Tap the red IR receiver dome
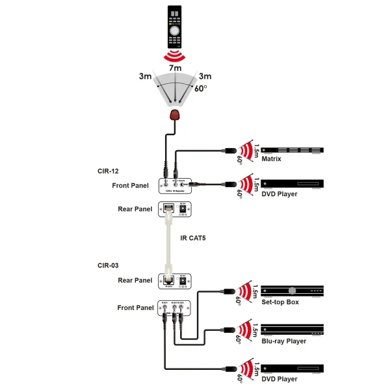174,116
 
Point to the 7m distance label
174,67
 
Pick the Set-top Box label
280,302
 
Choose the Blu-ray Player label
283,341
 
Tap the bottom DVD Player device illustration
291,368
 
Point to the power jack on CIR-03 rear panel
184,280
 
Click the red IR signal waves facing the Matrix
245,151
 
